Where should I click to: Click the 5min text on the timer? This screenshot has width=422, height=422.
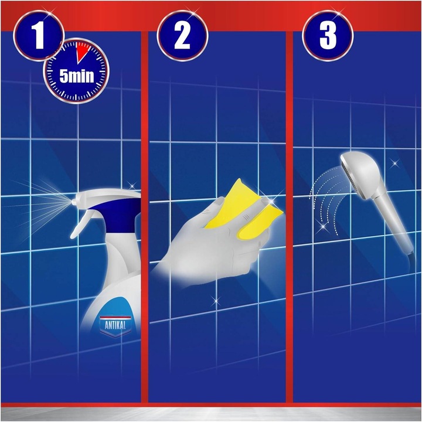click(75, 76)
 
